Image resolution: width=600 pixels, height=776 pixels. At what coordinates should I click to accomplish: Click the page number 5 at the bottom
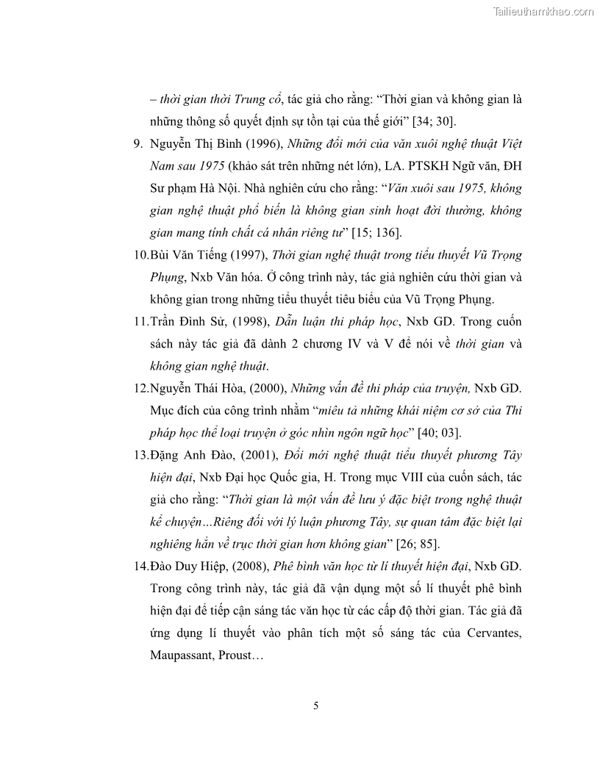point(316,706)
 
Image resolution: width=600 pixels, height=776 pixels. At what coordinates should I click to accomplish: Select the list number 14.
point(141,566)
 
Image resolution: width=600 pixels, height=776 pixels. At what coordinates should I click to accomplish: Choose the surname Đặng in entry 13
point(165,455)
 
